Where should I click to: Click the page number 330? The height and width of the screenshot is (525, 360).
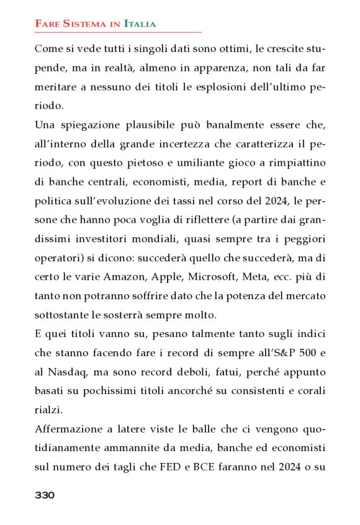tap(45, 495)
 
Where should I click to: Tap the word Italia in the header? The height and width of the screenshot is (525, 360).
tap(140, 24)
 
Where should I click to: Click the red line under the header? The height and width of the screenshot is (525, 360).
tap(118, 32)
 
